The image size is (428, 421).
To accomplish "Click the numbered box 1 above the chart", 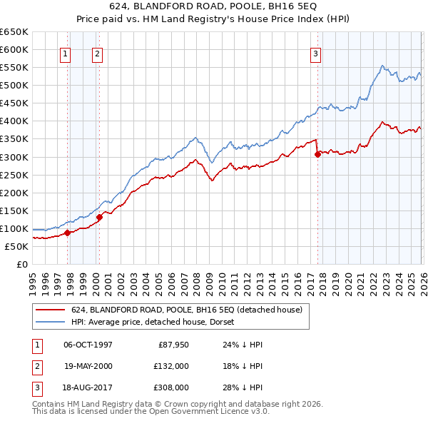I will click(65, 53).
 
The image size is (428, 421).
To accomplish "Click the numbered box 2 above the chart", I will click(96, 53).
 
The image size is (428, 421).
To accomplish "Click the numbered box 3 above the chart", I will click(315, 53).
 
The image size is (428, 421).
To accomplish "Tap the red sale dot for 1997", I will click(68, 232).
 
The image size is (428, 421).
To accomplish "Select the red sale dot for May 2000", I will click(100, 217).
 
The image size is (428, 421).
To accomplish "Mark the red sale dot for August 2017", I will click(317, 153).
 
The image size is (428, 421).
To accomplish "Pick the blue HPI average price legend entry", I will click(157, 322).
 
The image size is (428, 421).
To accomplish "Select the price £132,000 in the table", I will click(172, 365).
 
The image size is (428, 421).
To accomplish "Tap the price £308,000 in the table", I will click(172, 387).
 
